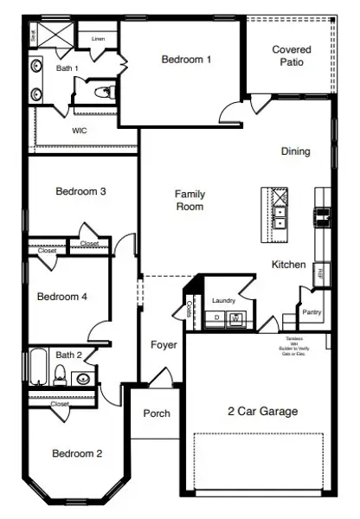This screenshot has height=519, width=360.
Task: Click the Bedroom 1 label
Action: tap(186, 60)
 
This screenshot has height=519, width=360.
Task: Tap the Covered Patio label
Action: tap(292, 56)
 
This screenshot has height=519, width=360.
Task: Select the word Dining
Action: tap(295, 151)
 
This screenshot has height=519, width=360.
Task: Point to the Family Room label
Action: tap(190, 201)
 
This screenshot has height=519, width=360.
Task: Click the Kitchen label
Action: tap(288, 265)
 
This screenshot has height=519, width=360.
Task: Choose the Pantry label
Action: tap(312, 311)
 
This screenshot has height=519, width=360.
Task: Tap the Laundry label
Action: tap(224, 300)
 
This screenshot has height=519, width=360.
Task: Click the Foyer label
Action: tap(164, 345)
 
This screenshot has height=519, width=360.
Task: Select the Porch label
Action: tap(156, 413)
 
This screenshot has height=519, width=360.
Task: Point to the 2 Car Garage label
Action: tap(262, 412)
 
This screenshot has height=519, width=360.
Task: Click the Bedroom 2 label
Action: tap(77, 453)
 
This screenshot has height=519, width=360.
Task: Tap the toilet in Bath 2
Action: tap(61, 374)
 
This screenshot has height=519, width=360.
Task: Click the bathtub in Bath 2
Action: tap(38, 368)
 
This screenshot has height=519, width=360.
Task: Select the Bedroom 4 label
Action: tap(61, 297)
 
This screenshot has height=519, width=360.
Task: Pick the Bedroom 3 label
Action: tap(80, 191)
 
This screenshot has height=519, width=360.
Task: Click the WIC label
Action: tap(79, 131)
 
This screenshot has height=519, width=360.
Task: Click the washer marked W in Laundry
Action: tap(235, 318)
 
